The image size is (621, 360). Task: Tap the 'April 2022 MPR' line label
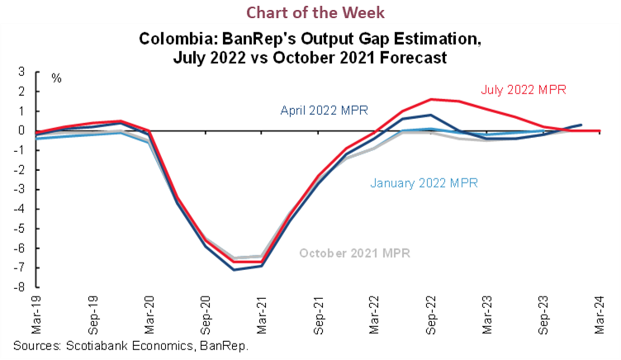point(325,110)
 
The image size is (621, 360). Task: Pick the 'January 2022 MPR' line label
point(424,182)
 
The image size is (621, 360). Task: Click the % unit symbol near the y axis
point(56,78)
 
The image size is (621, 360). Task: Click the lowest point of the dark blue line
point(234,270)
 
